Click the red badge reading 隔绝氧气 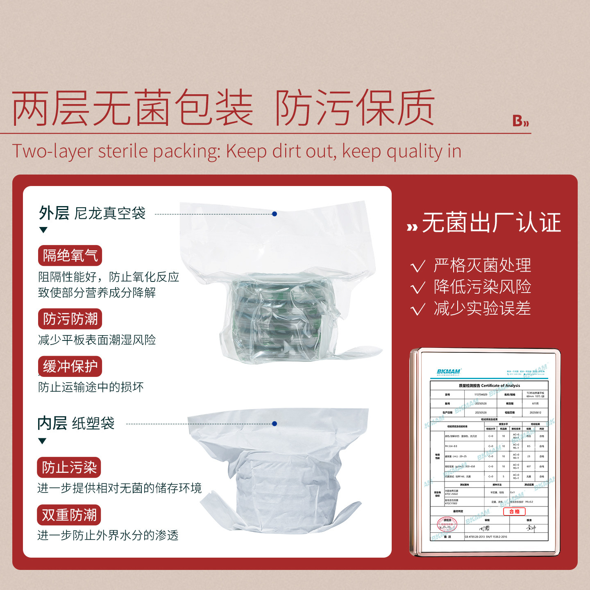(x=70, y=256)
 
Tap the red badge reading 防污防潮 (x=70, y=319)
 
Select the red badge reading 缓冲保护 (x=70, y=366)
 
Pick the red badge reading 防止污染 (x=69, y=467)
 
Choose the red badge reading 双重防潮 (x=69, y=515)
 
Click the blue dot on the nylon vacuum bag (x=275, y=214)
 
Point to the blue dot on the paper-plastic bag (x=275, y=424)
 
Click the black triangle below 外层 (x=43, y=230)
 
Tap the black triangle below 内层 (x=42, y=441)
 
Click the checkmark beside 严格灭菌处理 (x=418, y=266)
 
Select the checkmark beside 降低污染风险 (x=418, y=288)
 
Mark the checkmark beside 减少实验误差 (x=418, y=309)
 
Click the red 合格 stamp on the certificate (x=514, y=511)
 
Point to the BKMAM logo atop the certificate (x=449, y=372)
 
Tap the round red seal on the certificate (x=447, y=524)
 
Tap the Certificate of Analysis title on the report (x=489, y=386)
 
